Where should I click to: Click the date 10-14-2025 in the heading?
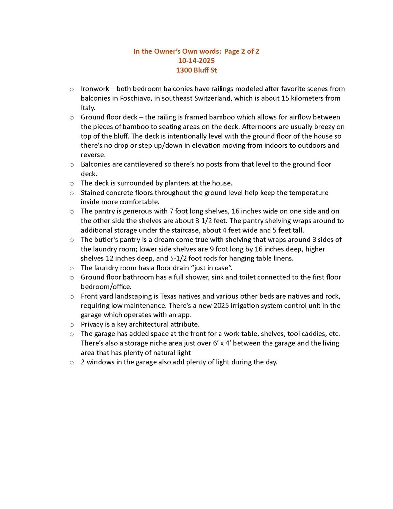196,61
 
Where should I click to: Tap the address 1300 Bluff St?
196,70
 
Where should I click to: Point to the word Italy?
88,108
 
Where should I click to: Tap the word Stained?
92,193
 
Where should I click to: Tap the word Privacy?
92,324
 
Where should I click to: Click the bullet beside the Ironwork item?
71,89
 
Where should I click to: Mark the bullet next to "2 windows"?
71,363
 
